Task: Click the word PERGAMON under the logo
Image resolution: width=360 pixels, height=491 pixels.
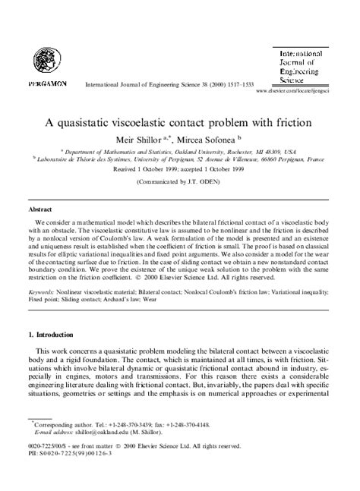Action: (47, 81)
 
